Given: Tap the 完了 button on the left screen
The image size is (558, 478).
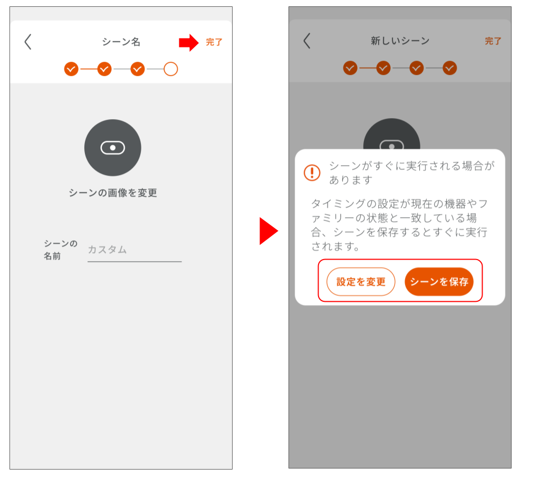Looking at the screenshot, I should [x=214, y=42].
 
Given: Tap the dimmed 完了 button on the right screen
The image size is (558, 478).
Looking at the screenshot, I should [x=493, y=41].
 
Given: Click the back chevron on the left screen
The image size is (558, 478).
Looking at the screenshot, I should [x=28, y=42].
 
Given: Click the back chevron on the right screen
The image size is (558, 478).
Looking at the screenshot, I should [x=307, y=41].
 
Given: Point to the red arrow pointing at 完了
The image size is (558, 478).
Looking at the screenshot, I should [x=188, y=42].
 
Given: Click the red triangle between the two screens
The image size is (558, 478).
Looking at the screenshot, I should [x=268, y=231].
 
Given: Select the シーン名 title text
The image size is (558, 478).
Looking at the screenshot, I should [x=121, y=42].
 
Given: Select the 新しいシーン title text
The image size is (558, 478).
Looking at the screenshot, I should [x=400, y=41].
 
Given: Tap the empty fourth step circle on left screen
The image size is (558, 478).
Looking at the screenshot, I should [x=170, y=69].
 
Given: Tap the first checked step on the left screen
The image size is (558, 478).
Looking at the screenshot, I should [x=71, y=69].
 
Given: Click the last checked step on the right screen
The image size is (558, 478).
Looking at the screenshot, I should [x=449, y=68].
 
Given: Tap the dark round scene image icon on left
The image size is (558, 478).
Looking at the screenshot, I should [x=112, y=148].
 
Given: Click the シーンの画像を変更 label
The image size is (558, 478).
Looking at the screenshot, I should [x=113, y=193].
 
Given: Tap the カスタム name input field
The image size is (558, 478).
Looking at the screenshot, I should [x=134, y=250].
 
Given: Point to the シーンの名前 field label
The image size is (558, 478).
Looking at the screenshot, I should [x=60, y=250].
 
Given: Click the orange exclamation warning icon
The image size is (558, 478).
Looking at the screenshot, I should [x=312, y=173].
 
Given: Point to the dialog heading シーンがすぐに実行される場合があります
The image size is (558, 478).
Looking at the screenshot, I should [x=411, y=173].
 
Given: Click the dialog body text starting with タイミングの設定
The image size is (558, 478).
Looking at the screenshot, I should [x=399, y=225].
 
